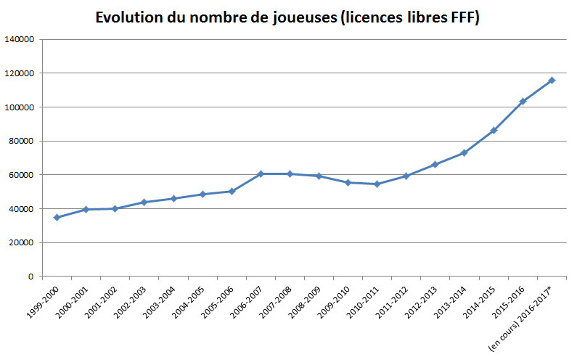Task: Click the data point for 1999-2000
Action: pos(57,218)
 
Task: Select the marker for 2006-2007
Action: pos(260,174)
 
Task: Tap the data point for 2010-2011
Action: pos(377,184)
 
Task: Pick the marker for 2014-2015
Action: pos(494,131)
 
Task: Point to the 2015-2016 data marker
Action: pos(523,102)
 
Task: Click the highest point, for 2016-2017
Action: pos(552,80)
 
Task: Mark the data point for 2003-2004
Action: pos(173,199)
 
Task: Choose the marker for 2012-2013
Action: pos(435,165)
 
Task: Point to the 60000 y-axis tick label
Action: pos(22,175)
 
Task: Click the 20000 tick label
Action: pos(22,243)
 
